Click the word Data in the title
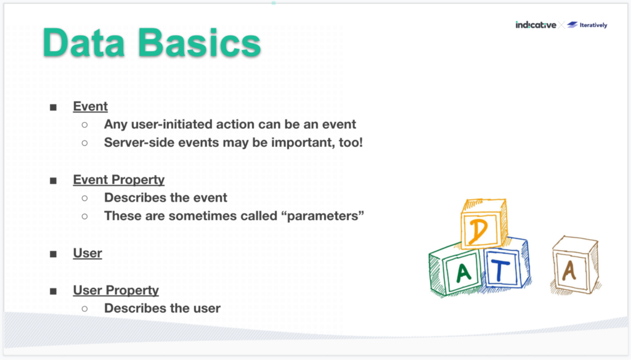tap(90, 44)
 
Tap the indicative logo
tap(535, 25)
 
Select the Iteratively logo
tap(587, 25)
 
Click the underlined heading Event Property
tap(118, 180)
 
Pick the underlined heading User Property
tap(116, 290)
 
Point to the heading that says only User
tap(88, 253)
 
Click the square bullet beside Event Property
tap(54, 181)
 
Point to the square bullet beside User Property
tap(54, 290)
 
